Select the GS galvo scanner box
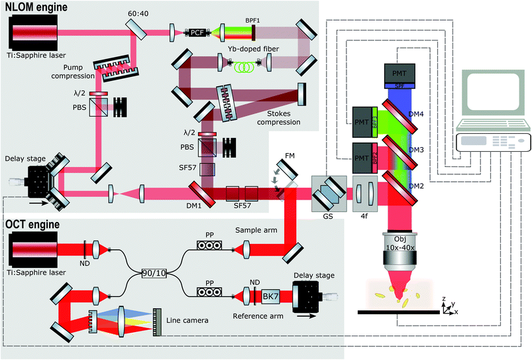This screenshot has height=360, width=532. tap(329, 194)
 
